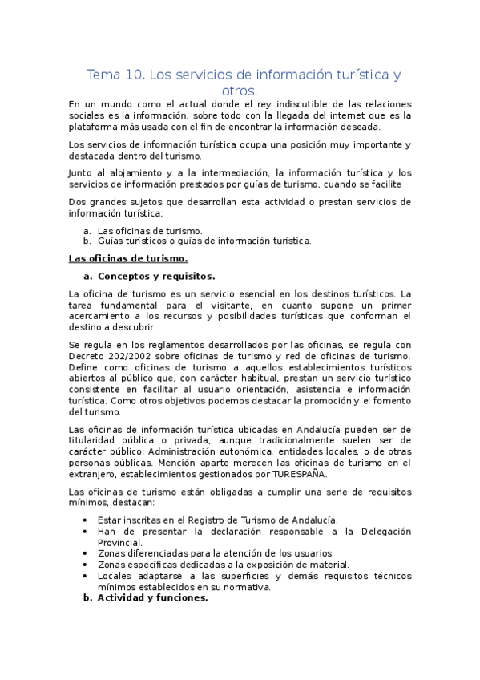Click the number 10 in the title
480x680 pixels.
134,75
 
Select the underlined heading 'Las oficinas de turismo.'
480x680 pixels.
128,258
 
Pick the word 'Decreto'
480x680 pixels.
88,355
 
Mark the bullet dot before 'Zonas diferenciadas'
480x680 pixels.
86,553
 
